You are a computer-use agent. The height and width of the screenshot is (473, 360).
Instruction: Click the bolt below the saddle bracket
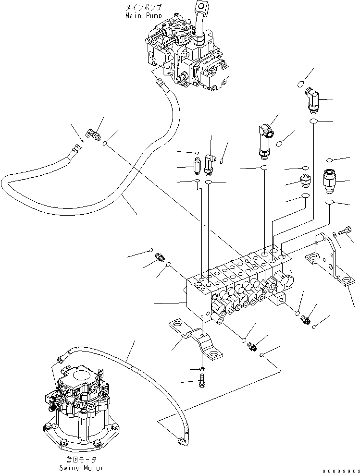click(202, 382)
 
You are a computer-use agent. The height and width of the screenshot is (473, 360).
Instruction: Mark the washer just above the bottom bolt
click(202, 369)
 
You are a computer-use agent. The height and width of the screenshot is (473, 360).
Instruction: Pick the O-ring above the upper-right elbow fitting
click(300, 84)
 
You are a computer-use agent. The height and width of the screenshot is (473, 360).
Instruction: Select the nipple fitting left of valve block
click(159, 260)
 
